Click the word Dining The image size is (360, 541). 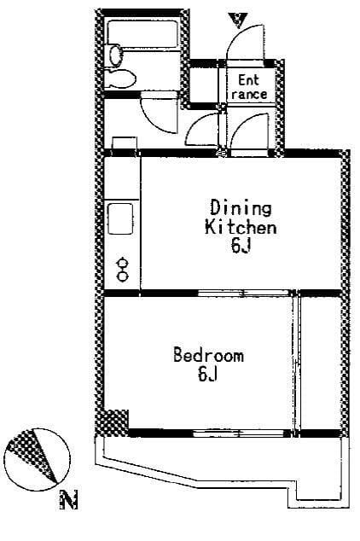pos(241,207)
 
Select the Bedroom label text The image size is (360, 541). pos(208,355)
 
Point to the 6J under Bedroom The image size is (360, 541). pos(207,374)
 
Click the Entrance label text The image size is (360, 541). pos(249,87)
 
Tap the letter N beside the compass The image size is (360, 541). pos(69,499)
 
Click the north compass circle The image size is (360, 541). pos(38,460)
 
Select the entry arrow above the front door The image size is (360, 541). pos(239,20)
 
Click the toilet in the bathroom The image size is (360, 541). pos(119,79)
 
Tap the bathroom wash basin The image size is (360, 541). pos(116,55)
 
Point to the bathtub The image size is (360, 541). pos(142,35)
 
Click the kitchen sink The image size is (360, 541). pos(120,218)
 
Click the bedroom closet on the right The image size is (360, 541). pos(321,363)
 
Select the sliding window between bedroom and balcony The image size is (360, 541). pos(241,433)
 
